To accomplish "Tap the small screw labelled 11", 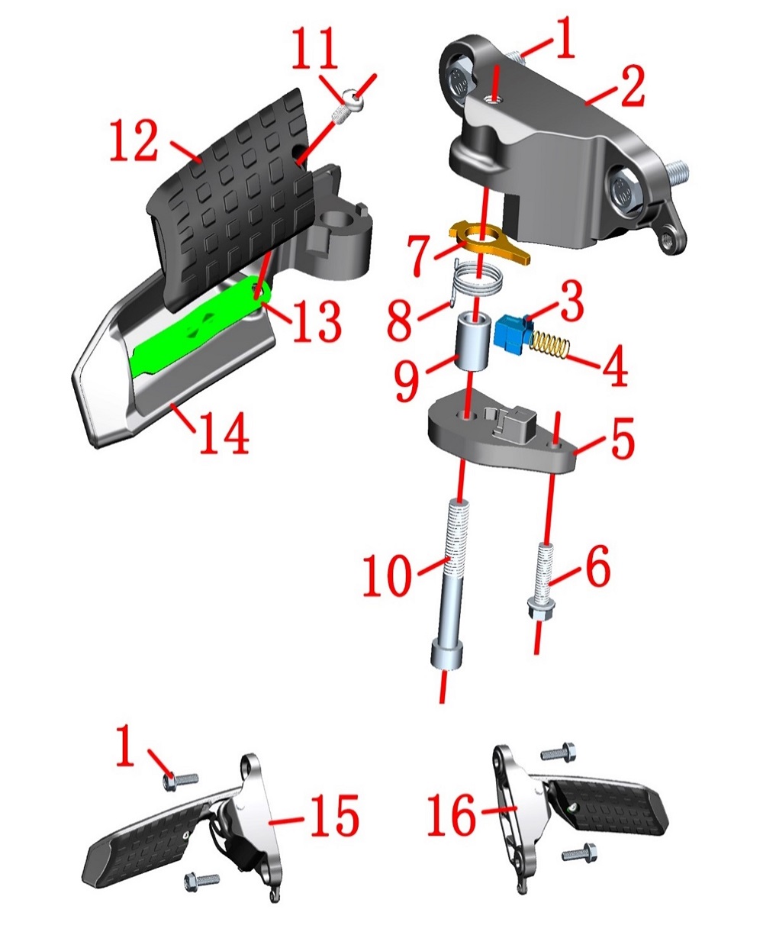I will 348,108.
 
